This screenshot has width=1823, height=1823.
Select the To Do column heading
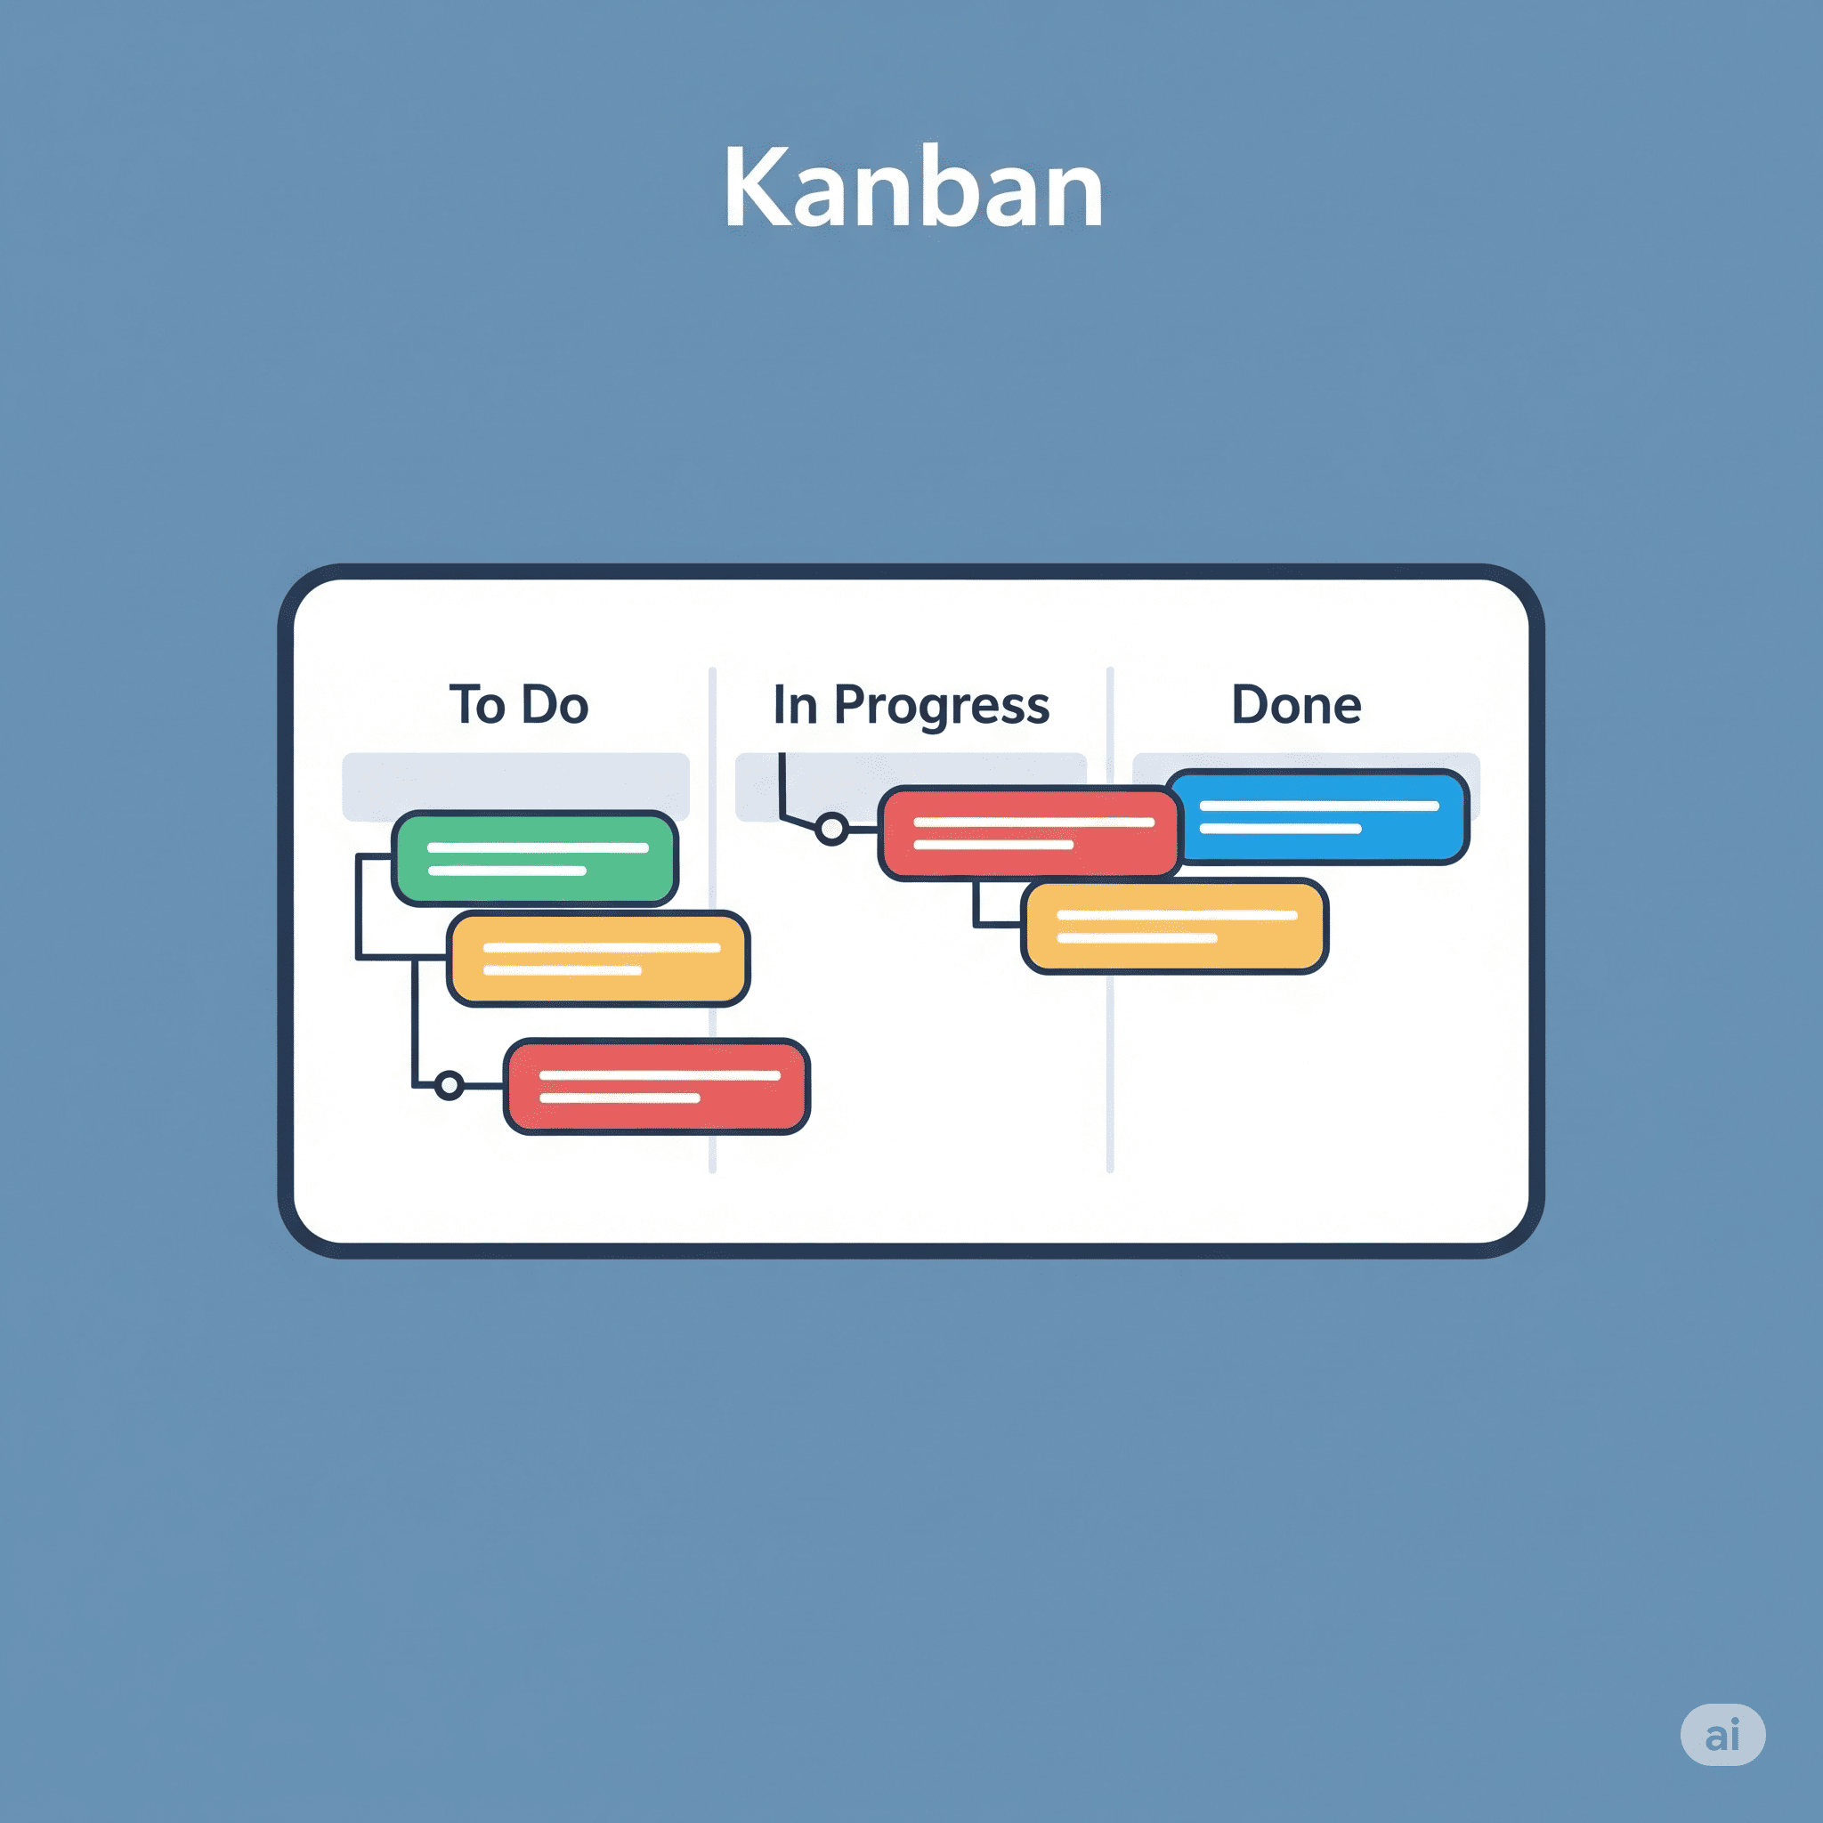518,705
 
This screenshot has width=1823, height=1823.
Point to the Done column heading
1296,705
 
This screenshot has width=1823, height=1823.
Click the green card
535,858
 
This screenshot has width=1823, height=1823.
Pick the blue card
1319,817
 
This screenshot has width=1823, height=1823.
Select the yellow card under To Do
598,959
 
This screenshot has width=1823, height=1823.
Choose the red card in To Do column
657,1086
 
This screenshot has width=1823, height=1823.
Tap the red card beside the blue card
1031,833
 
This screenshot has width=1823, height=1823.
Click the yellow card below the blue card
1175,926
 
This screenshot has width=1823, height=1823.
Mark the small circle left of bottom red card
450,1086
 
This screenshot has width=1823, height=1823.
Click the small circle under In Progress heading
832,830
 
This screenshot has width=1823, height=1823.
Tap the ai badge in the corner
1723,1734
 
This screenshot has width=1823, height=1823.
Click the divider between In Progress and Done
1110,920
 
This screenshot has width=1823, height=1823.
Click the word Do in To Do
555,705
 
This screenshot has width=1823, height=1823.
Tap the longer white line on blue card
1319,806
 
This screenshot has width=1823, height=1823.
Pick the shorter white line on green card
506,870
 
